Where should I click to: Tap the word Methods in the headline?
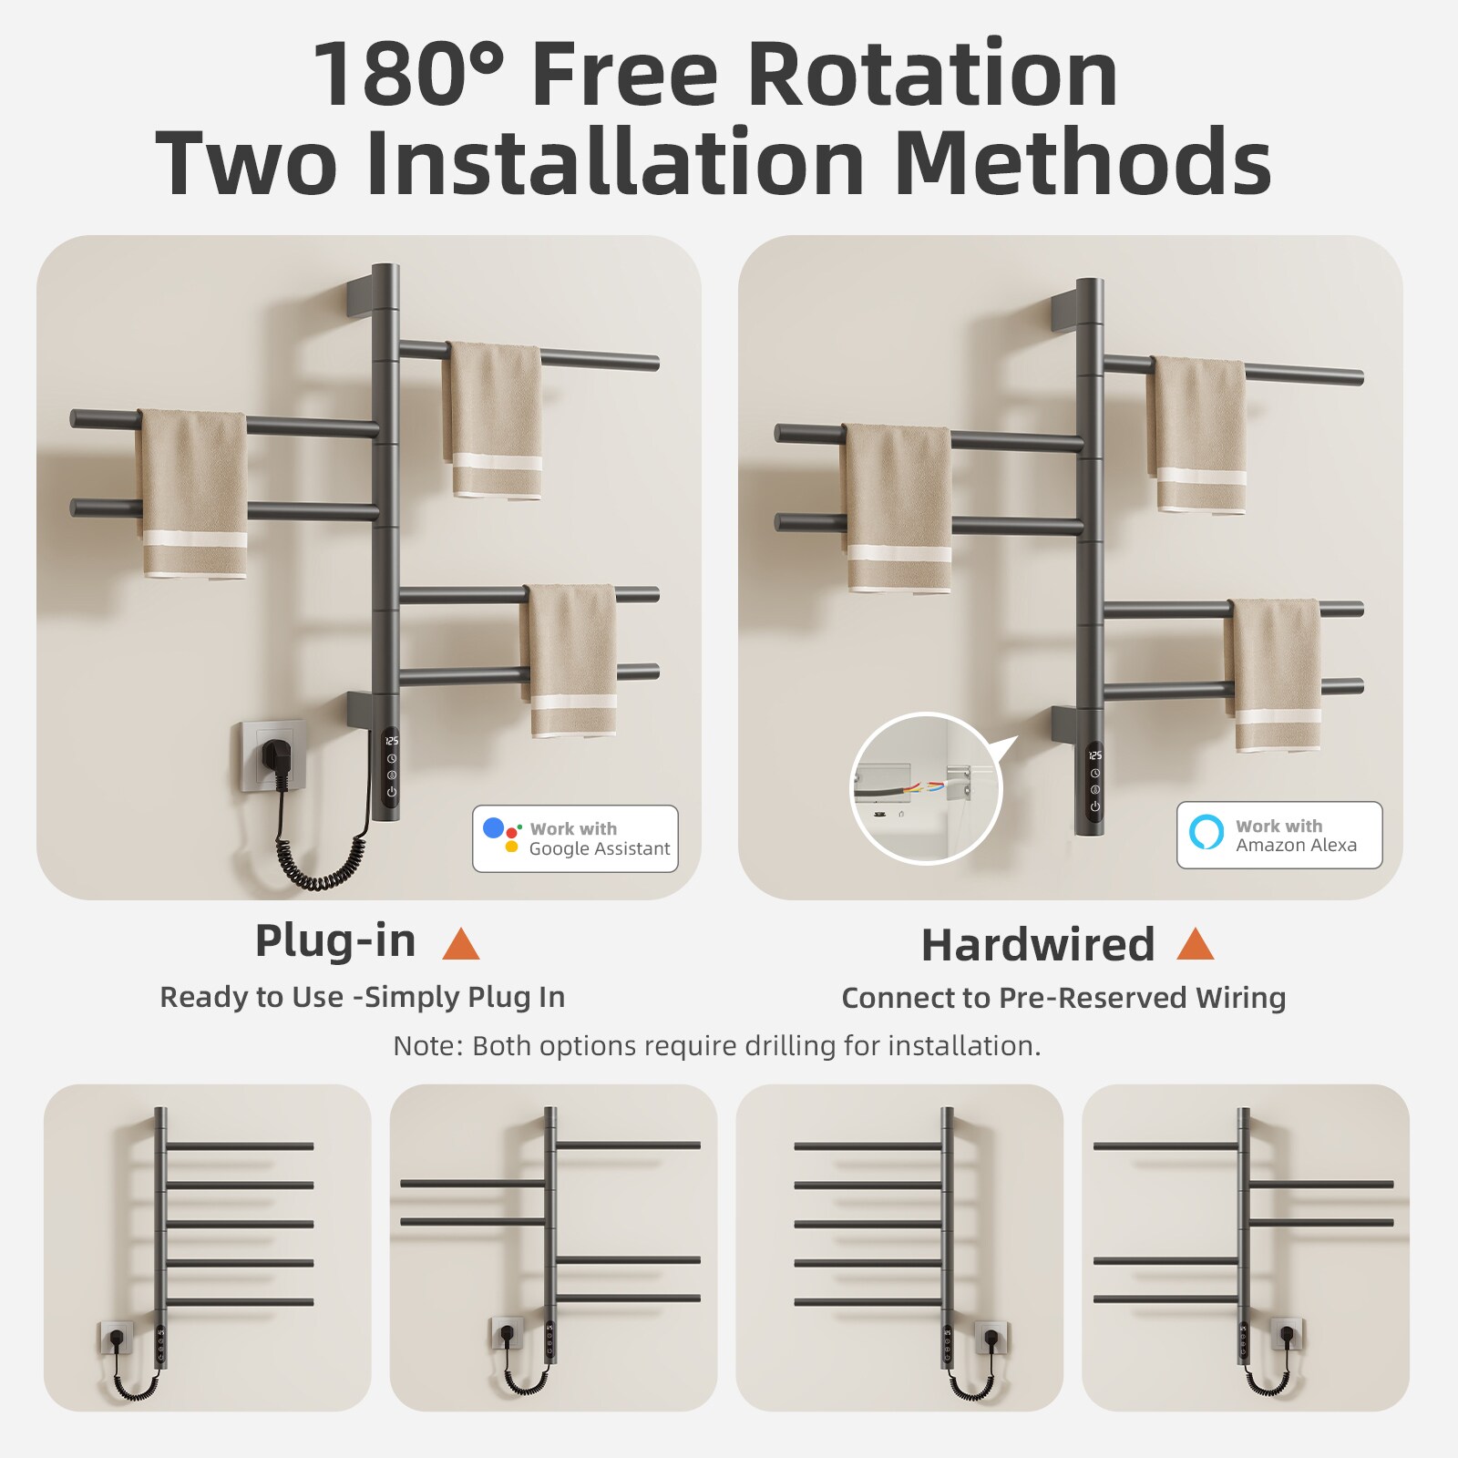coord(1083,162)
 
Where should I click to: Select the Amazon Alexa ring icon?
coord(1206,833)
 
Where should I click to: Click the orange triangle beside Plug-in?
coord(460,944)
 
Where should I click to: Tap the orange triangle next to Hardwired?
coord(1195,944)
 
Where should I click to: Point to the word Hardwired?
coord(1037,945)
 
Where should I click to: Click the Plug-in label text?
coord(334,940)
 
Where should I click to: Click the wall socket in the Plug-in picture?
coord(272,755)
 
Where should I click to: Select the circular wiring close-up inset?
coord(926,788)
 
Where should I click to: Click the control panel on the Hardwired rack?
coord(1094,781)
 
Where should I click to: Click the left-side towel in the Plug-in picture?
coord(193,493)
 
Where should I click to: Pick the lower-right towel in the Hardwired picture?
coord(1272,674)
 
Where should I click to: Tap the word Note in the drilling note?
coord(426,1045)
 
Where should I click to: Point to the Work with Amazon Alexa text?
coord(1296,836)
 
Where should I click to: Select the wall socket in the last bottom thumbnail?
coord(1286,1335)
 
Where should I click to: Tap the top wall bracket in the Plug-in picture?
coord(360,298)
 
